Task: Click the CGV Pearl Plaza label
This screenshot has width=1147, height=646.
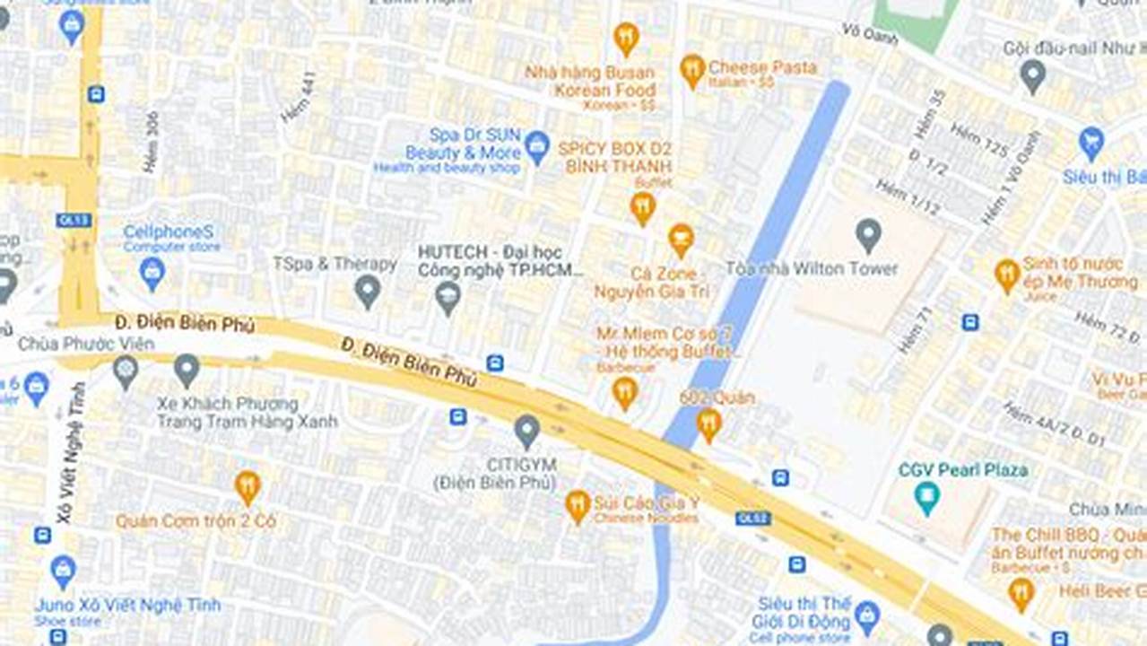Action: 963,469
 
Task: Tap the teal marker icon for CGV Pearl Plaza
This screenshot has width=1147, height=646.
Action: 927,497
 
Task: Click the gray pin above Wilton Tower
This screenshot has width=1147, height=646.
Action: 867,235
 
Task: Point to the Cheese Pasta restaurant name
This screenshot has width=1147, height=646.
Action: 762,67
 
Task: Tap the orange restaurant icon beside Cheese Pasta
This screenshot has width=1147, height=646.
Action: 691,70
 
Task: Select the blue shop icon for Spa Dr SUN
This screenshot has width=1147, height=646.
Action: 536,146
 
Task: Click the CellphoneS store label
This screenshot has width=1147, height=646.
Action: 169,232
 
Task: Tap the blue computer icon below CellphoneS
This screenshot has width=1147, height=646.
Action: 152,272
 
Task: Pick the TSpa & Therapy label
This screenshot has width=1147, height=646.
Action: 335,264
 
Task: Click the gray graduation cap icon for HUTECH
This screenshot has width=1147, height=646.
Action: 448,297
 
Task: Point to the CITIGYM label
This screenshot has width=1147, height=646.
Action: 521,464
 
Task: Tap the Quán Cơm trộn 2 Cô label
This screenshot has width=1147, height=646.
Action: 196,521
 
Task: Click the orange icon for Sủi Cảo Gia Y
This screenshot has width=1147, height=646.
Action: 578,506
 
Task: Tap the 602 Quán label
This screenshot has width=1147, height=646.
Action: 717,397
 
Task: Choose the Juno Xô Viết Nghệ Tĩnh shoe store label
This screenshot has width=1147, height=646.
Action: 126,605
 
